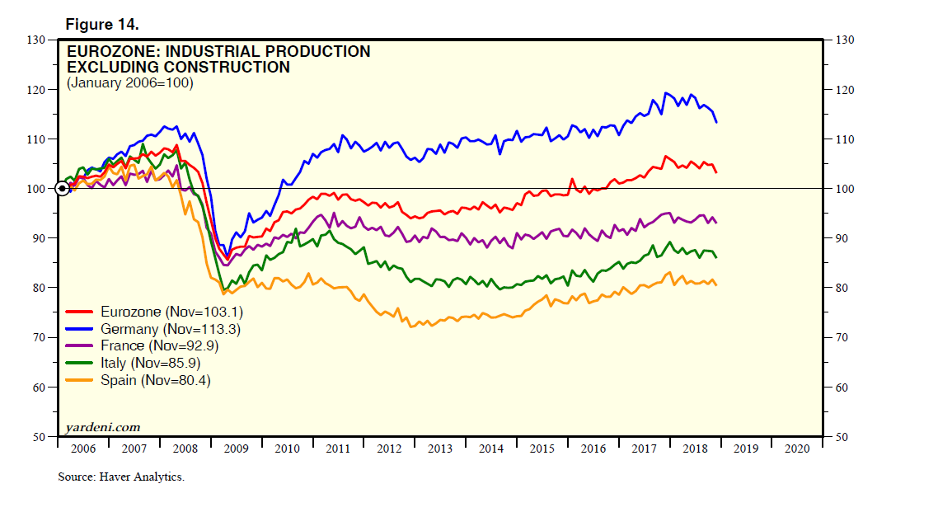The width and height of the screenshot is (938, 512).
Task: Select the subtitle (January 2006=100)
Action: (x=129, y=83)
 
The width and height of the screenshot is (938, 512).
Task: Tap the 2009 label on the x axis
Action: (x=236, y=449)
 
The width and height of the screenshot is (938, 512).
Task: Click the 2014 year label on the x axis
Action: (x=490, y=449)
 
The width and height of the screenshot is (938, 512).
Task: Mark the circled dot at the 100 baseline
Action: (x=62, y=189)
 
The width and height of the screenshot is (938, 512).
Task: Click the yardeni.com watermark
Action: (x=103, y=427)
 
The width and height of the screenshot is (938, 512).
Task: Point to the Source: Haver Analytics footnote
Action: (x=121, y=477)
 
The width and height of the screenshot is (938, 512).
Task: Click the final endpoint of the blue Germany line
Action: (x=716, y=123)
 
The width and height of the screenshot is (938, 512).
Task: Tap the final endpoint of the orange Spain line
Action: (x=716, y=285)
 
